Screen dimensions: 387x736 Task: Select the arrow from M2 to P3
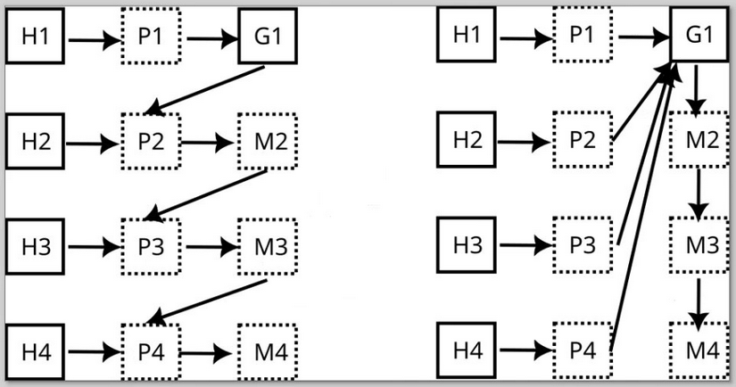tap(206, 194)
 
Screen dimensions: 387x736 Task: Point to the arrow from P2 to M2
tap(211, 142)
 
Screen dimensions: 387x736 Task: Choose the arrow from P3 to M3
tap(211, 246)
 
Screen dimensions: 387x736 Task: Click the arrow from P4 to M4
tap(211, 351)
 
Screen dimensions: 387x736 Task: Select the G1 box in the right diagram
tap(700, 37)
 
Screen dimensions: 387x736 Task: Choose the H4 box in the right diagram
tap(467, 350)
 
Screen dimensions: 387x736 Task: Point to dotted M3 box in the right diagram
tap(699, 245)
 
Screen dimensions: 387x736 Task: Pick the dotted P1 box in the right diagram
tap(582, 36)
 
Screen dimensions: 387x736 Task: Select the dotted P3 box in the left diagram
tap(151, 246)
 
